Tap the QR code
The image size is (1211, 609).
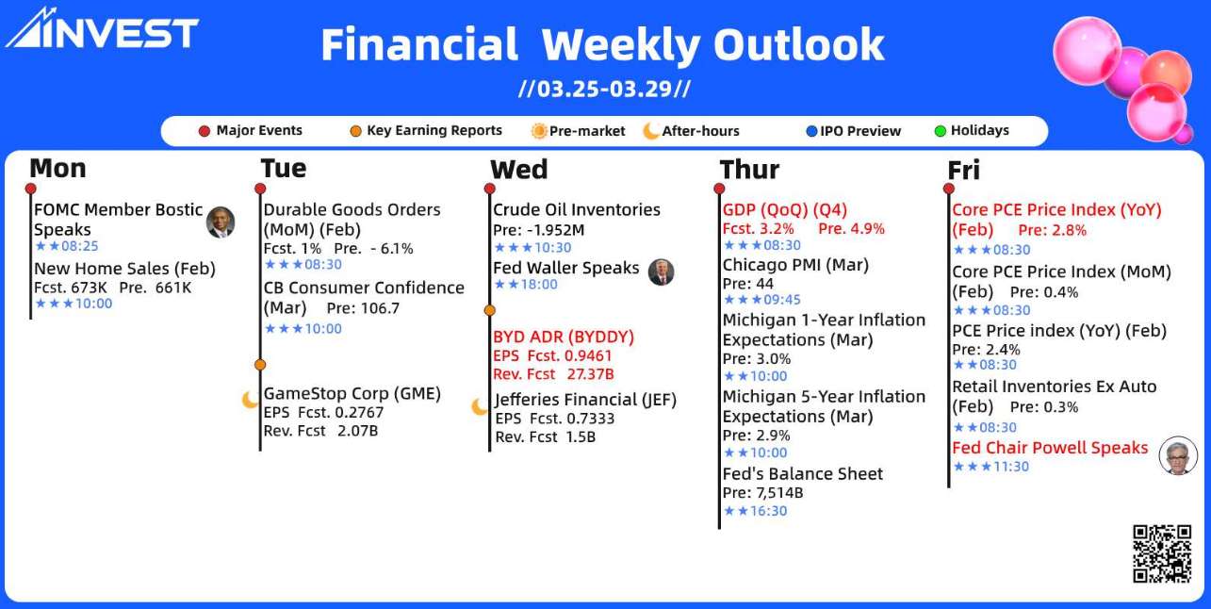coord(1162,553)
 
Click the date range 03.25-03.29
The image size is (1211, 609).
coord(604,89)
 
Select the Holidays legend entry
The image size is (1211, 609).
coord(972,130)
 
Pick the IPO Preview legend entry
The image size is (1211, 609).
coord(854,131)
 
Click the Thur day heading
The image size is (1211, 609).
coord(749,170)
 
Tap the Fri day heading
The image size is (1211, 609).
coord(963,170)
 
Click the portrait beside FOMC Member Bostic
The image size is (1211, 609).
coord(221,222)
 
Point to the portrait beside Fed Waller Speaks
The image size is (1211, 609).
coord(662,272)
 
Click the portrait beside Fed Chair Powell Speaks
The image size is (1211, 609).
coord(1178,455)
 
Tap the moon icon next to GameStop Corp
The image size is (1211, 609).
coord(250,400)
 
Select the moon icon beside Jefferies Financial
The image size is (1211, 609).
coord(480,406)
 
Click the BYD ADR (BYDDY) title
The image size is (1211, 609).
coord(564,337)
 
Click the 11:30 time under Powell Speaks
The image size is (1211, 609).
coord(1011,467)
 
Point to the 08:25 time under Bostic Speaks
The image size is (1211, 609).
coord(79,246)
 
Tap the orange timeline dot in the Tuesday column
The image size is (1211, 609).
coord(260,365)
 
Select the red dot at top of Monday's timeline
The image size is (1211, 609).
coord(31,189)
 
